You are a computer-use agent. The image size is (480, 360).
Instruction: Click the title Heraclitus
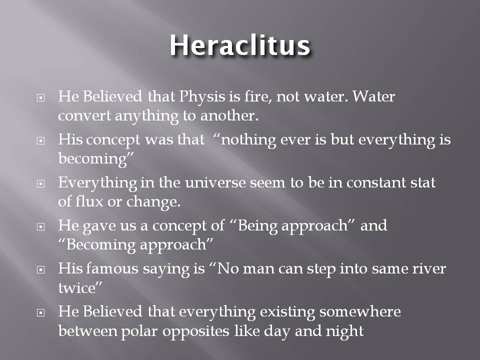click(239, 46)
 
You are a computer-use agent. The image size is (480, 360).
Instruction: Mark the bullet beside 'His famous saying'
click(41, 269)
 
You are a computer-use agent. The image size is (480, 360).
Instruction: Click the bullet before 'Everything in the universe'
click(41, 183)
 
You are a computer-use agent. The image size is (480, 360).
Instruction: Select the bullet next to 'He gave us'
click(41, 226)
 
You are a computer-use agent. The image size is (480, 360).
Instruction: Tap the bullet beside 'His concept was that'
click(41, 140)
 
